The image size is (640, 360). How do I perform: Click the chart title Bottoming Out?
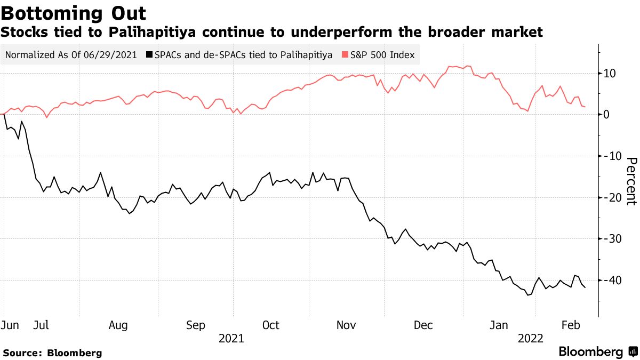pyautogui.click(x=74, y=13)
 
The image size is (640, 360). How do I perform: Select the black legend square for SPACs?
pyautogui.click(x=150, y=55)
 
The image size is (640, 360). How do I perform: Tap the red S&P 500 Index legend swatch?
pyautogui.click(x=345, y=55)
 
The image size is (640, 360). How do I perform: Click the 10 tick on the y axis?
pyautogui.click(x=610, y=73)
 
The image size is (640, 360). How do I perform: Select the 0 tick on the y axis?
pyautogui.click(x=607, y=114)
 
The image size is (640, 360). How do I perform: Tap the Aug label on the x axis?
pyautogui.click(x=118, y=325)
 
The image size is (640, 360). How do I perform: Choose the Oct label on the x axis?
pyautogui.click(x=271, y=325)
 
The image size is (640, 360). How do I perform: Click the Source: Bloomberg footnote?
pyautogui.click(x=52, y=353)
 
